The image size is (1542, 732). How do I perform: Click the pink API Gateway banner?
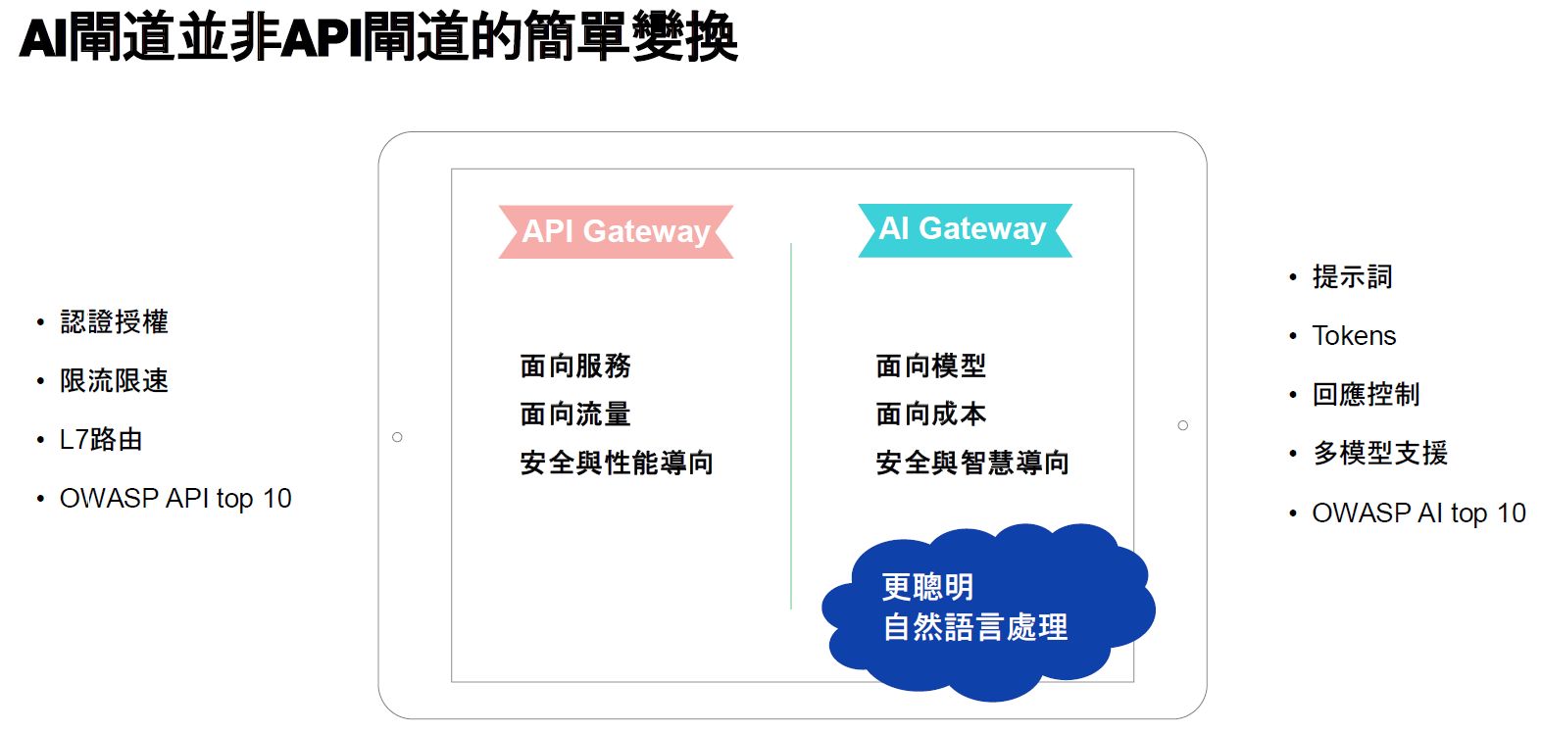pyautogui.click(x=616, y=232)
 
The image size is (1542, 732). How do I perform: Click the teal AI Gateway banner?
pyautogui.click(x=966, y=230)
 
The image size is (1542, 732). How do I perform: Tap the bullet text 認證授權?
pyautogui.click(x=115, y=322)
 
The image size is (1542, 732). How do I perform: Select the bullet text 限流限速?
pyautogui.click(x=115, y=380)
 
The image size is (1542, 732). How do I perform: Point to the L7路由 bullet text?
pyautogui.click(x=101, y=440)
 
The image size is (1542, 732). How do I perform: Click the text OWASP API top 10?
pyautogui.click(x=175, y=499)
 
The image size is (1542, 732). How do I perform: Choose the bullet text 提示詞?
pyautogui.click(x=1353, y=276)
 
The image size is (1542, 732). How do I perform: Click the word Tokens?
pyautogui.click(x=1354, y=336)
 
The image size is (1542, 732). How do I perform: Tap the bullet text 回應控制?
pyautogui.click(x=1367, y=394)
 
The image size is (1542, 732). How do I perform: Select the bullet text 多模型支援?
pyautogui.click(x=1380, y=453)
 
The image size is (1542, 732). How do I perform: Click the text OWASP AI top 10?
pyautogui.click(x=1418, y=513)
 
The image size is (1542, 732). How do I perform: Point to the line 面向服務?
pyautogui.click(x=575, y=366)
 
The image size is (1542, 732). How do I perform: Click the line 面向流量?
pyautogui.click(x=575, y=415)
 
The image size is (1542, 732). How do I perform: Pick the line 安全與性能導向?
pyautogui.click(x=617, y=463)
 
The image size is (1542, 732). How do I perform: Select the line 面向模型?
pyautogui.click(x=931, y=366)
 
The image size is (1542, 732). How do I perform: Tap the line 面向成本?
pyautogui.click(x=931, y=415)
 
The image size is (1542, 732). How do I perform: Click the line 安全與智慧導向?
pyautogui.click(x=972, y=463)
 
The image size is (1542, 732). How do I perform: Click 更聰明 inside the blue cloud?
pyautogui.click(x=928, y=587)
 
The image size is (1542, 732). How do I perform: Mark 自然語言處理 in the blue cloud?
pyautogui.click(x=975, y=627)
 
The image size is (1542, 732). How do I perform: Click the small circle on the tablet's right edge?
pyautogui.click(x=1182, y=425)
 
